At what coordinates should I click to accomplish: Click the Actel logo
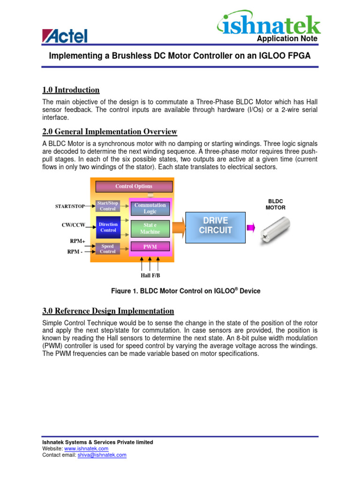(x=65, y=36)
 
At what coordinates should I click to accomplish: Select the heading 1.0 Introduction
(x=71, y=90)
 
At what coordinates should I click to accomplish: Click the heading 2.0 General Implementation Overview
(x=110, y=131)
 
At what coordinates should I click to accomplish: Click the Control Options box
(x=134, y=186)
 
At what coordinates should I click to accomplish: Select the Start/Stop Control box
(x=108, y=206)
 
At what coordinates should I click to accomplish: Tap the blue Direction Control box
(x=108, y=227)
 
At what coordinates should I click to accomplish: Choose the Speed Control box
(x=108, y=248)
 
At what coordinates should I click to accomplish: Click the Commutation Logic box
(x=150, y=208)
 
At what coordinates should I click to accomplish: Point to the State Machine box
(x=150, y=228)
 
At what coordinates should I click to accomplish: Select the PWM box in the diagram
(x=150, y=247)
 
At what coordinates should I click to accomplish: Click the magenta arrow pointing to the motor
(x=251, y=228)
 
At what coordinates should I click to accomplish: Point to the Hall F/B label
(x=150, y=275)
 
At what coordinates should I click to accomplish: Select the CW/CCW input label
(x=74, y=225)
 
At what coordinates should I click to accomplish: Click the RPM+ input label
(x=77, y=241)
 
